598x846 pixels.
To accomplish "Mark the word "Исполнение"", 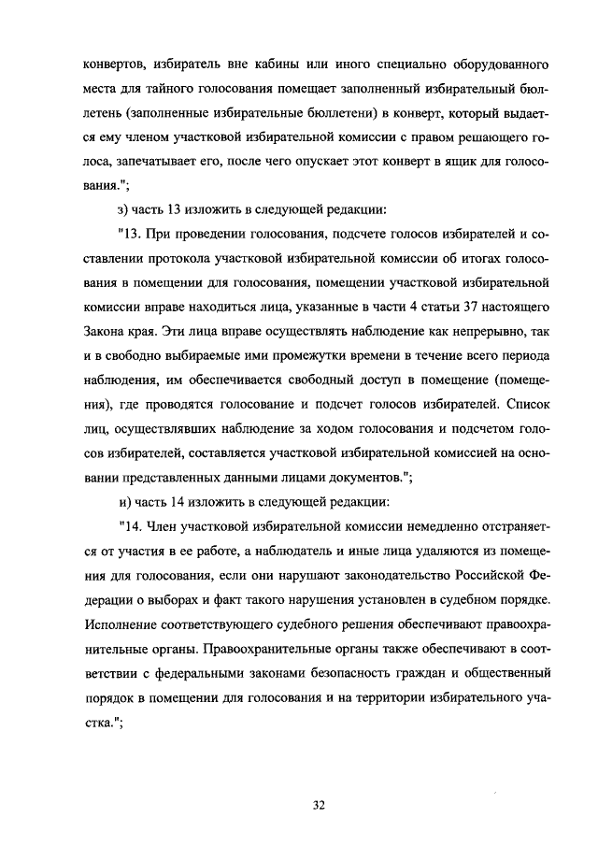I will pyautogui.click(x=122, y=623).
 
